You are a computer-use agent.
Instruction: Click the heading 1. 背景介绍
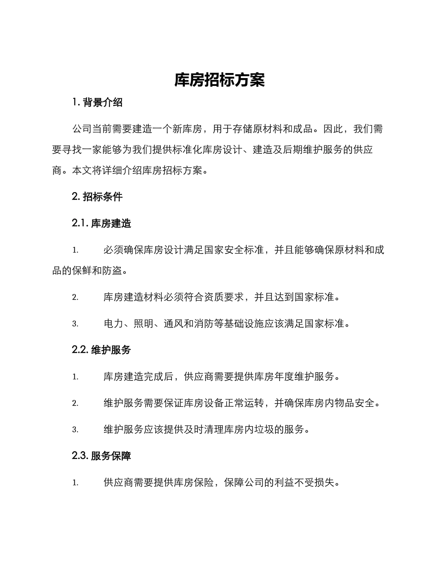(x=98, y=103)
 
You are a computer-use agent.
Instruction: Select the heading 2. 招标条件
(x=98, y=196)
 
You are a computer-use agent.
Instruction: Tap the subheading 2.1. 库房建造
(x=102, y=224)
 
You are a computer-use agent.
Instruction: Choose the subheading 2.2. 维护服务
(x=102, y=350)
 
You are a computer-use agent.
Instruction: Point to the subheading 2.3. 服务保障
(x=102, y=456)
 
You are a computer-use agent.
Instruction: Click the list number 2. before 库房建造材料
(x=75, y=297)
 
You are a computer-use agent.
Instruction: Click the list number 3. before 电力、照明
(x=75, y=324)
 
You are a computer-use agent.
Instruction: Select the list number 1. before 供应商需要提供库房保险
(x=75, y=483)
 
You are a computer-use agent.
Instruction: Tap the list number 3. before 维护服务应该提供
(x=75, y=429)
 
